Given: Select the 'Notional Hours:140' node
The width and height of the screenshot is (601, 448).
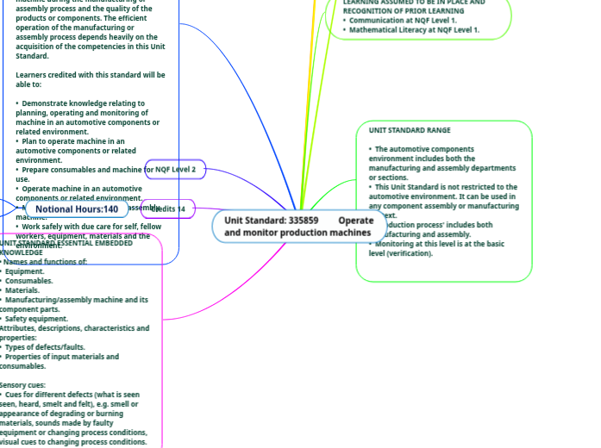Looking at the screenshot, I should point(77,209).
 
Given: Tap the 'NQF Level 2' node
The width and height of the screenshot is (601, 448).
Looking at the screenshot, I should point(176,170).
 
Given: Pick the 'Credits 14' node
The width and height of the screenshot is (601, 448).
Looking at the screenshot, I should point(169,209).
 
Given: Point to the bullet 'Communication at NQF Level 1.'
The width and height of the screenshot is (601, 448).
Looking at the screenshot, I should point(403,21).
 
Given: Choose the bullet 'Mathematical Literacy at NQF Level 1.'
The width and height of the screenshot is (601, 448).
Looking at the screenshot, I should point(415,30).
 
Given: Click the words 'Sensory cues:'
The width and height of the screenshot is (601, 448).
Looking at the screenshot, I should point(25,385).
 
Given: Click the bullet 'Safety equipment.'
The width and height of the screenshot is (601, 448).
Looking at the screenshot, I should point(37,319).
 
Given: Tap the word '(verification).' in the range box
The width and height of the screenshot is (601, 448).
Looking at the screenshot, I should point(412,253).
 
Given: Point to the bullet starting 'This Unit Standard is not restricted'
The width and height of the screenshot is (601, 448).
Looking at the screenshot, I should point(446,187).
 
